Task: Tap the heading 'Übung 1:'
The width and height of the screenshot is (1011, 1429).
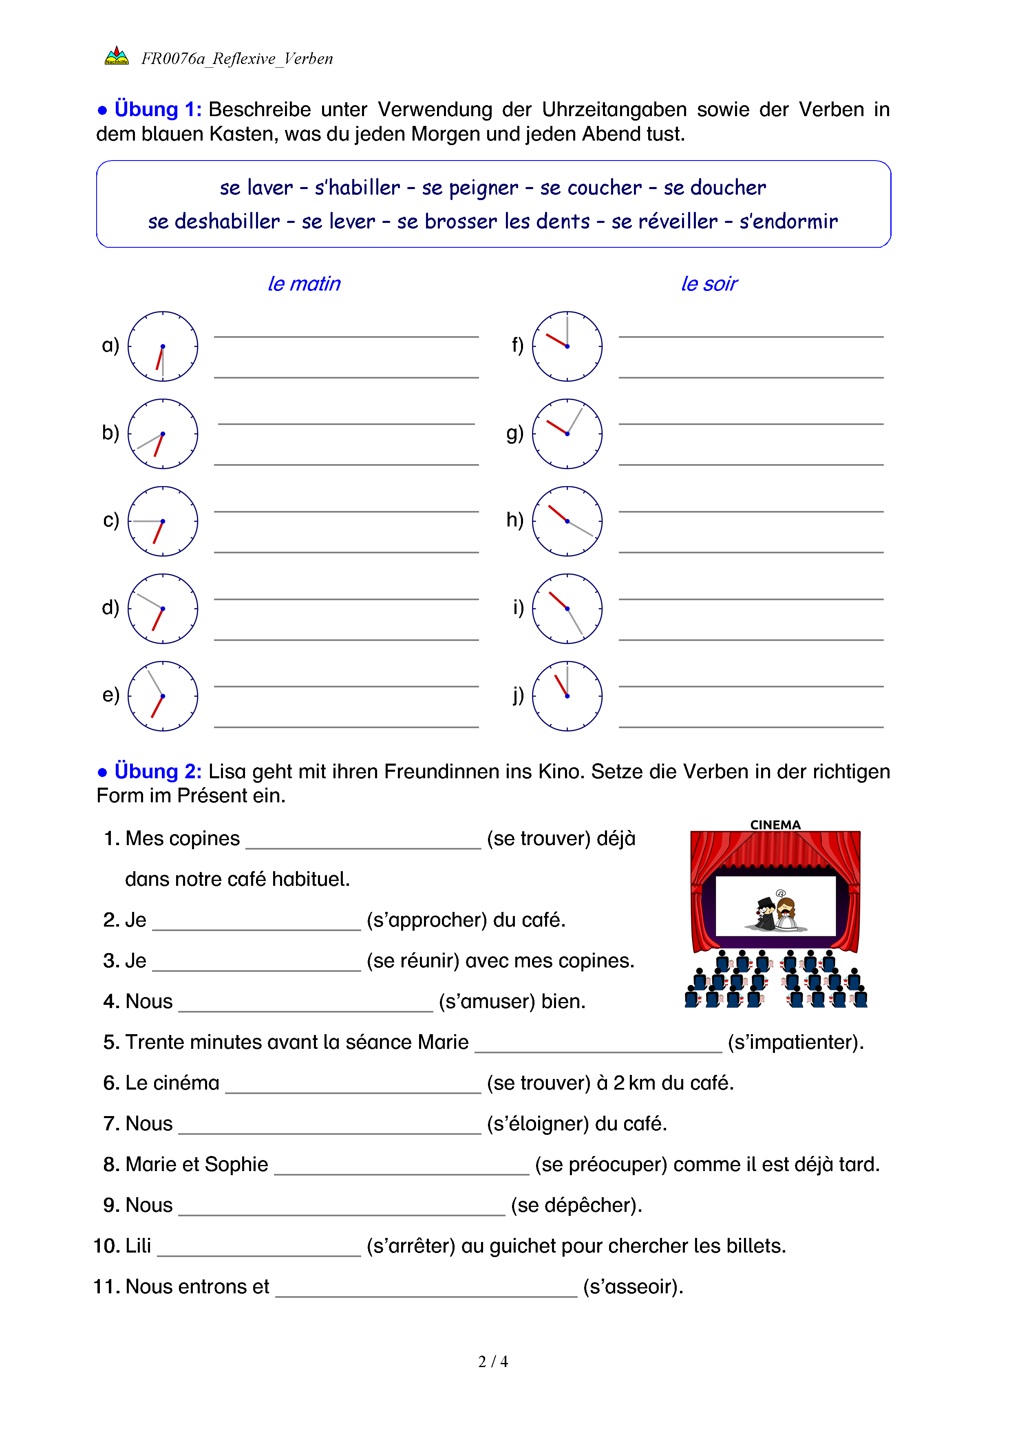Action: coord(157,110)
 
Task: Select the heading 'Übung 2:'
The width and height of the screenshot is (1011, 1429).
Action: coord(157,772)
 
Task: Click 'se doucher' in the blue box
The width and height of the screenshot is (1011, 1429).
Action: coord(715,187)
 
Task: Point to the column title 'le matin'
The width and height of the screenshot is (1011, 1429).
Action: coord(304,284)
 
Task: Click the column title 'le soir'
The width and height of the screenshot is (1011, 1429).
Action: coord(709,284)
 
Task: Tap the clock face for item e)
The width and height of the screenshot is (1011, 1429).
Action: coord(163,696)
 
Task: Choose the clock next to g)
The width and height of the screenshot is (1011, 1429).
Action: coord(567,434)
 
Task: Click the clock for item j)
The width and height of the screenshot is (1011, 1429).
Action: coord(567,696)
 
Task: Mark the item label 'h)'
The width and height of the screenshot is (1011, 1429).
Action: coord(515,520)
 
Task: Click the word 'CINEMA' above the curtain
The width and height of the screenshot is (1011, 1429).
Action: coord(775,825)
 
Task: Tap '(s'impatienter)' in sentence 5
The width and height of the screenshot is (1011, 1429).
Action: coord(796,1042)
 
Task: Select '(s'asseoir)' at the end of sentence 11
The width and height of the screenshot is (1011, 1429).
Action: coord(633,1286)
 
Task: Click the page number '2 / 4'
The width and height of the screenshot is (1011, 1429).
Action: coord(493,1362)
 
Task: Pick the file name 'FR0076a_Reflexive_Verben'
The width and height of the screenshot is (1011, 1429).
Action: coord(236,59)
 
